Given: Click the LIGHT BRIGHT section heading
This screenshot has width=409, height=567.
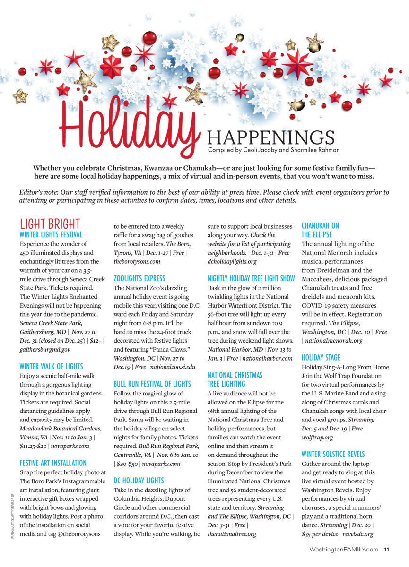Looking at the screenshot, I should pyautogui.click(x=50, y=223).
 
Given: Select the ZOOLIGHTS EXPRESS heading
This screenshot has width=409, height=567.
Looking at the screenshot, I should pyautogui.click(x=139, y=279).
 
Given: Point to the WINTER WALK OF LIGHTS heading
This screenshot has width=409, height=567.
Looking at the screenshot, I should pyautogui.click(x=51, y=366).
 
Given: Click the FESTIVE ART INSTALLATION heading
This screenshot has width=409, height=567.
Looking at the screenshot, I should pyautogui.click(x=53, y=463).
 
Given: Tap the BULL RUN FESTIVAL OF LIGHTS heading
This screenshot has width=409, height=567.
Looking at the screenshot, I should pyautogui.click(x=152, y=384).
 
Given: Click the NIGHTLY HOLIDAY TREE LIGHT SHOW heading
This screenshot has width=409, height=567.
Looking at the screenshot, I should pyautogui.click(x=251, y=279).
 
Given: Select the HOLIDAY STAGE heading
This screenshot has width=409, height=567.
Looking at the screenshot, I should pyautogui.click(x=321, y=358).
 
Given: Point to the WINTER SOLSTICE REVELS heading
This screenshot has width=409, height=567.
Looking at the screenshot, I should pyautogui.click(x=333, y=454).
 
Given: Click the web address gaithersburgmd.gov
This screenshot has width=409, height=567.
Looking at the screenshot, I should pyautogui.click(x=45, y=350).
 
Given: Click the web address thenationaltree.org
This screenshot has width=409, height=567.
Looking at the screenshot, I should pyautogui.click(x=232, y=534).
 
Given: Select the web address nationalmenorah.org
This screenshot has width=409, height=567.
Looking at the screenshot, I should pyautogui.click(x=334, y=340).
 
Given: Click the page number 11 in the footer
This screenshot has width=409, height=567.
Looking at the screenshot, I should pyautogui.click(x=386, y=549).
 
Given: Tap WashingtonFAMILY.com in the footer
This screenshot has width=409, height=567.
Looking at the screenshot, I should pyautogui.click(x=344, y=549).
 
